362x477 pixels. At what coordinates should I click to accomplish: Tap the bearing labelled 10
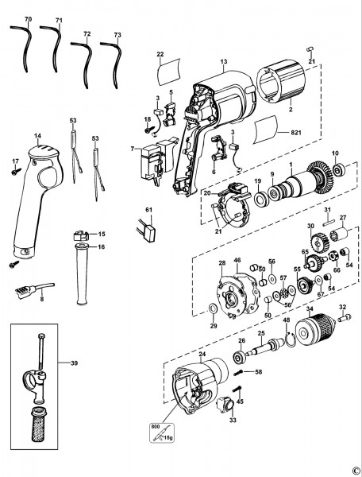click(x=337, y=169)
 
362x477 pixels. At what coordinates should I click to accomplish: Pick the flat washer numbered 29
click(x=211, y=309)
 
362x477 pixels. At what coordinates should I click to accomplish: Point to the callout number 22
click(x=160, y=55)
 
